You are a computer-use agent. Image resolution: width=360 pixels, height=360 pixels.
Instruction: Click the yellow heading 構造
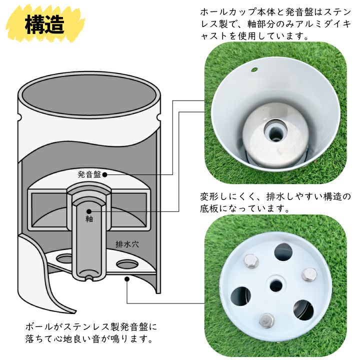coord(44,25)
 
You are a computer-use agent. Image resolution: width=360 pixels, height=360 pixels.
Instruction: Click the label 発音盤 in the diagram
coord(89,174)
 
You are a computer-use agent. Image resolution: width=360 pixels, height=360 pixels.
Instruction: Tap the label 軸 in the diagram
coord(89,219)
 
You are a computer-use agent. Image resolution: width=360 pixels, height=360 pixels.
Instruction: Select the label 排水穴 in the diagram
coord(127,244)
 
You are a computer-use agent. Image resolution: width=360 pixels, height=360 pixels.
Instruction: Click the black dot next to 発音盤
coord(104,174)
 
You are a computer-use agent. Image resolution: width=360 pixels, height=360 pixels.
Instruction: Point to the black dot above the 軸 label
coord(89,211)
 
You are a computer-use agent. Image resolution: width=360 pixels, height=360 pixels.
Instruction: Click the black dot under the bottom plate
coord(126,279)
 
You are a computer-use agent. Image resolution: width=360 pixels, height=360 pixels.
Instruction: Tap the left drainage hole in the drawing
coord(64,259)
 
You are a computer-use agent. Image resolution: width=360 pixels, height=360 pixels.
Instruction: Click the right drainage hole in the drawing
coord(126,264)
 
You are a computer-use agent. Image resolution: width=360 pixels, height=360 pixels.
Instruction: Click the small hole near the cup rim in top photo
coord(254,69)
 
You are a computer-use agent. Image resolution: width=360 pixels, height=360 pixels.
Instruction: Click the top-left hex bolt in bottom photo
coord(251,261)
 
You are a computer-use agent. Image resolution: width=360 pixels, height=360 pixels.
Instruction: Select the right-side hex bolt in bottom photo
coord(309,274)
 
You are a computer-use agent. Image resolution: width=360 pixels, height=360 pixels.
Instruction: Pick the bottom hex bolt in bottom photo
coord(267,320)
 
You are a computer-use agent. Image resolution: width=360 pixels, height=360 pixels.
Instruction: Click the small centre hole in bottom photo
coord(276,286)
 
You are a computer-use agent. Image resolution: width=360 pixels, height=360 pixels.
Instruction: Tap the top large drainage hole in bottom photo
coord(283,252)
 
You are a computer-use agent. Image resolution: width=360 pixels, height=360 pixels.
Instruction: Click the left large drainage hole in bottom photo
coord(240,296)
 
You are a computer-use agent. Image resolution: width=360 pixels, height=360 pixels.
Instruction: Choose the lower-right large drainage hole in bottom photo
coord(303,310)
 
